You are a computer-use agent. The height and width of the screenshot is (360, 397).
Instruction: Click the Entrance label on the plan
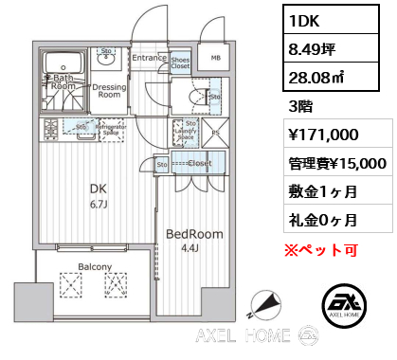(149, 58)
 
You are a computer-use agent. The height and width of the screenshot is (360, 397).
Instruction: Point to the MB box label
(214, 58)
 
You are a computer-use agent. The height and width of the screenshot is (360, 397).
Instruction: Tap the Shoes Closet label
(179, 64)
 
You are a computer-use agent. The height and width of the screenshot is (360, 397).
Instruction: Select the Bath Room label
(63, 82)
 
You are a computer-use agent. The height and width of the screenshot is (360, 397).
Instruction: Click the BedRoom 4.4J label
(193, 239)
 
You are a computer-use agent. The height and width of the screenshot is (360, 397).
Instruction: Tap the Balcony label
(95, 266)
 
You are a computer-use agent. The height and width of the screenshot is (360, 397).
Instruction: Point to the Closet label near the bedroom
(199, 164)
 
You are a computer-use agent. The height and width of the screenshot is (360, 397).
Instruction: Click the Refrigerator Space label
(111, 129)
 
